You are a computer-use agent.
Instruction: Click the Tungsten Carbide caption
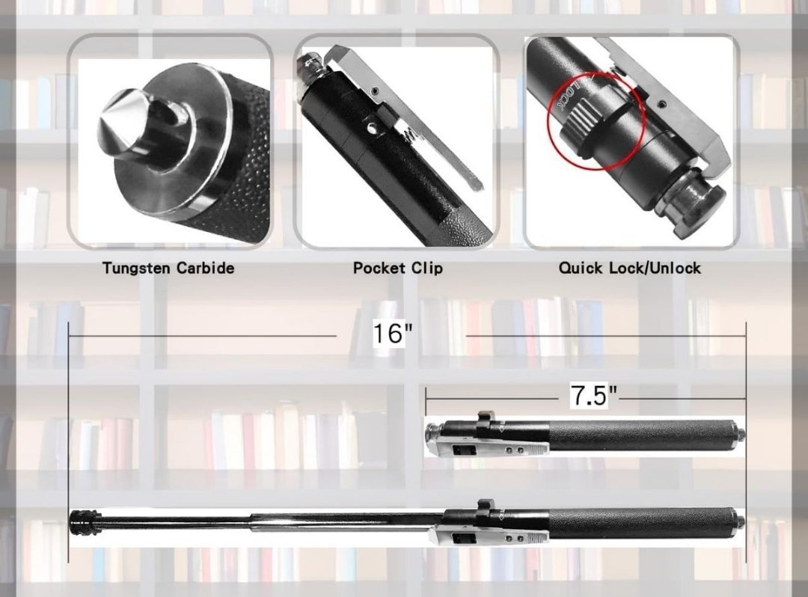168,268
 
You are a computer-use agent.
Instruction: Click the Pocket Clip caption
397,268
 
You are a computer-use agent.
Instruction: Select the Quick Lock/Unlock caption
629,268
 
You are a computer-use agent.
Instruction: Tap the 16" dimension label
393,334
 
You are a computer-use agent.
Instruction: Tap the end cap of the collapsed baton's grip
739,433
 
